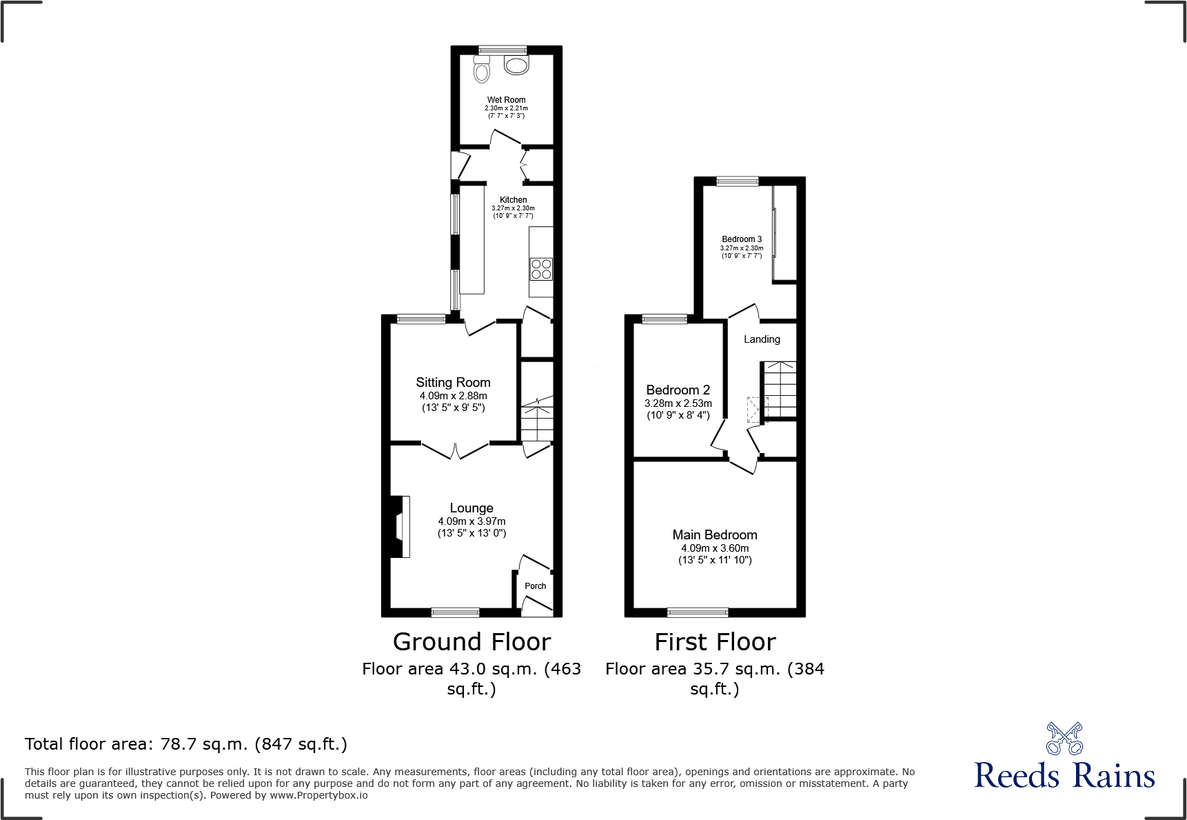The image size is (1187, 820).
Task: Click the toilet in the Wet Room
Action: pyautogui.click(x=482, y=70)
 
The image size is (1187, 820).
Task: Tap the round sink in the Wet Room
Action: pyautogui.click(x=516, y=66)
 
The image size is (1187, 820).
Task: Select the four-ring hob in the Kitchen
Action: pyautogui.click(x=541, y=268)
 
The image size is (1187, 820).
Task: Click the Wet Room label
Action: pyautogui.click(x=506, y=100)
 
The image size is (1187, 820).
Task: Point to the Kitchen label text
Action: pyautogui.click(x=513, y=200)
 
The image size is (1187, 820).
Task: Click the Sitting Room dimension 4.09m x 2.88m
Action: pyautogui.click(x=453, y=396)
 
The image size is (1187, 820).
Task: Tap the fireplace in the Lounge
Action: pyautogui.click(x=400, y=527)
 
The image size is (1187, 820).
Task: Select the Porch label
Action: pyautogui.click(x=535, y=586)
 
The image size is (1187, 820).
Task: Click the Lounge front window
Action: pyautogui.click(x=455, y=612)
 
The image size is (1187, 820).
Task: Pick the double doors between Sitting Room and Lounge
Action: pyautogui.click(x=455, y=450)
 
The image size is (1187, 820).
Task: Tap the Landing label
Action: pyautogui.click(x=762, y=339)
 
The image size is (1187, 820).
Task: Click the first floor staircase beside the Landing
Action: pyautogui.click(x=780, y=389)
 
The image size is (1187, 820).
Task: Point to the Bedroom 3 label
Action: pyautogui.click(x=742, y=239)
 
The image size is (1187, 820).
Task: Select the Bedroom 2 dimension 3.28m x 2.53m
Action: pyautogui.click(x=678, y=403)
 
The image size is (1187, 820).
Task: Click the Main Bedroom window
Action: pyautogui.click(x=698, y=612)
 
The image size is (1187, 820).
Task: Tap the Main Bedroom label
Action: pyautogui.click(x=715, y=535)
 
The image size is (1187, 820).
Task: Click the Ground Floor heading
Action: pyautogui.click(x=471, y=642)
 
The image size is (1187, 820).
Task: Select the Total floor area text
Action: pyautogui.click(x=186, y=744)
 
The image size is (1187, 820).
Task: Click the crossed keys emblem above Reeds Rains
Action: pyautogui.click(x=1064, y=739)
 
